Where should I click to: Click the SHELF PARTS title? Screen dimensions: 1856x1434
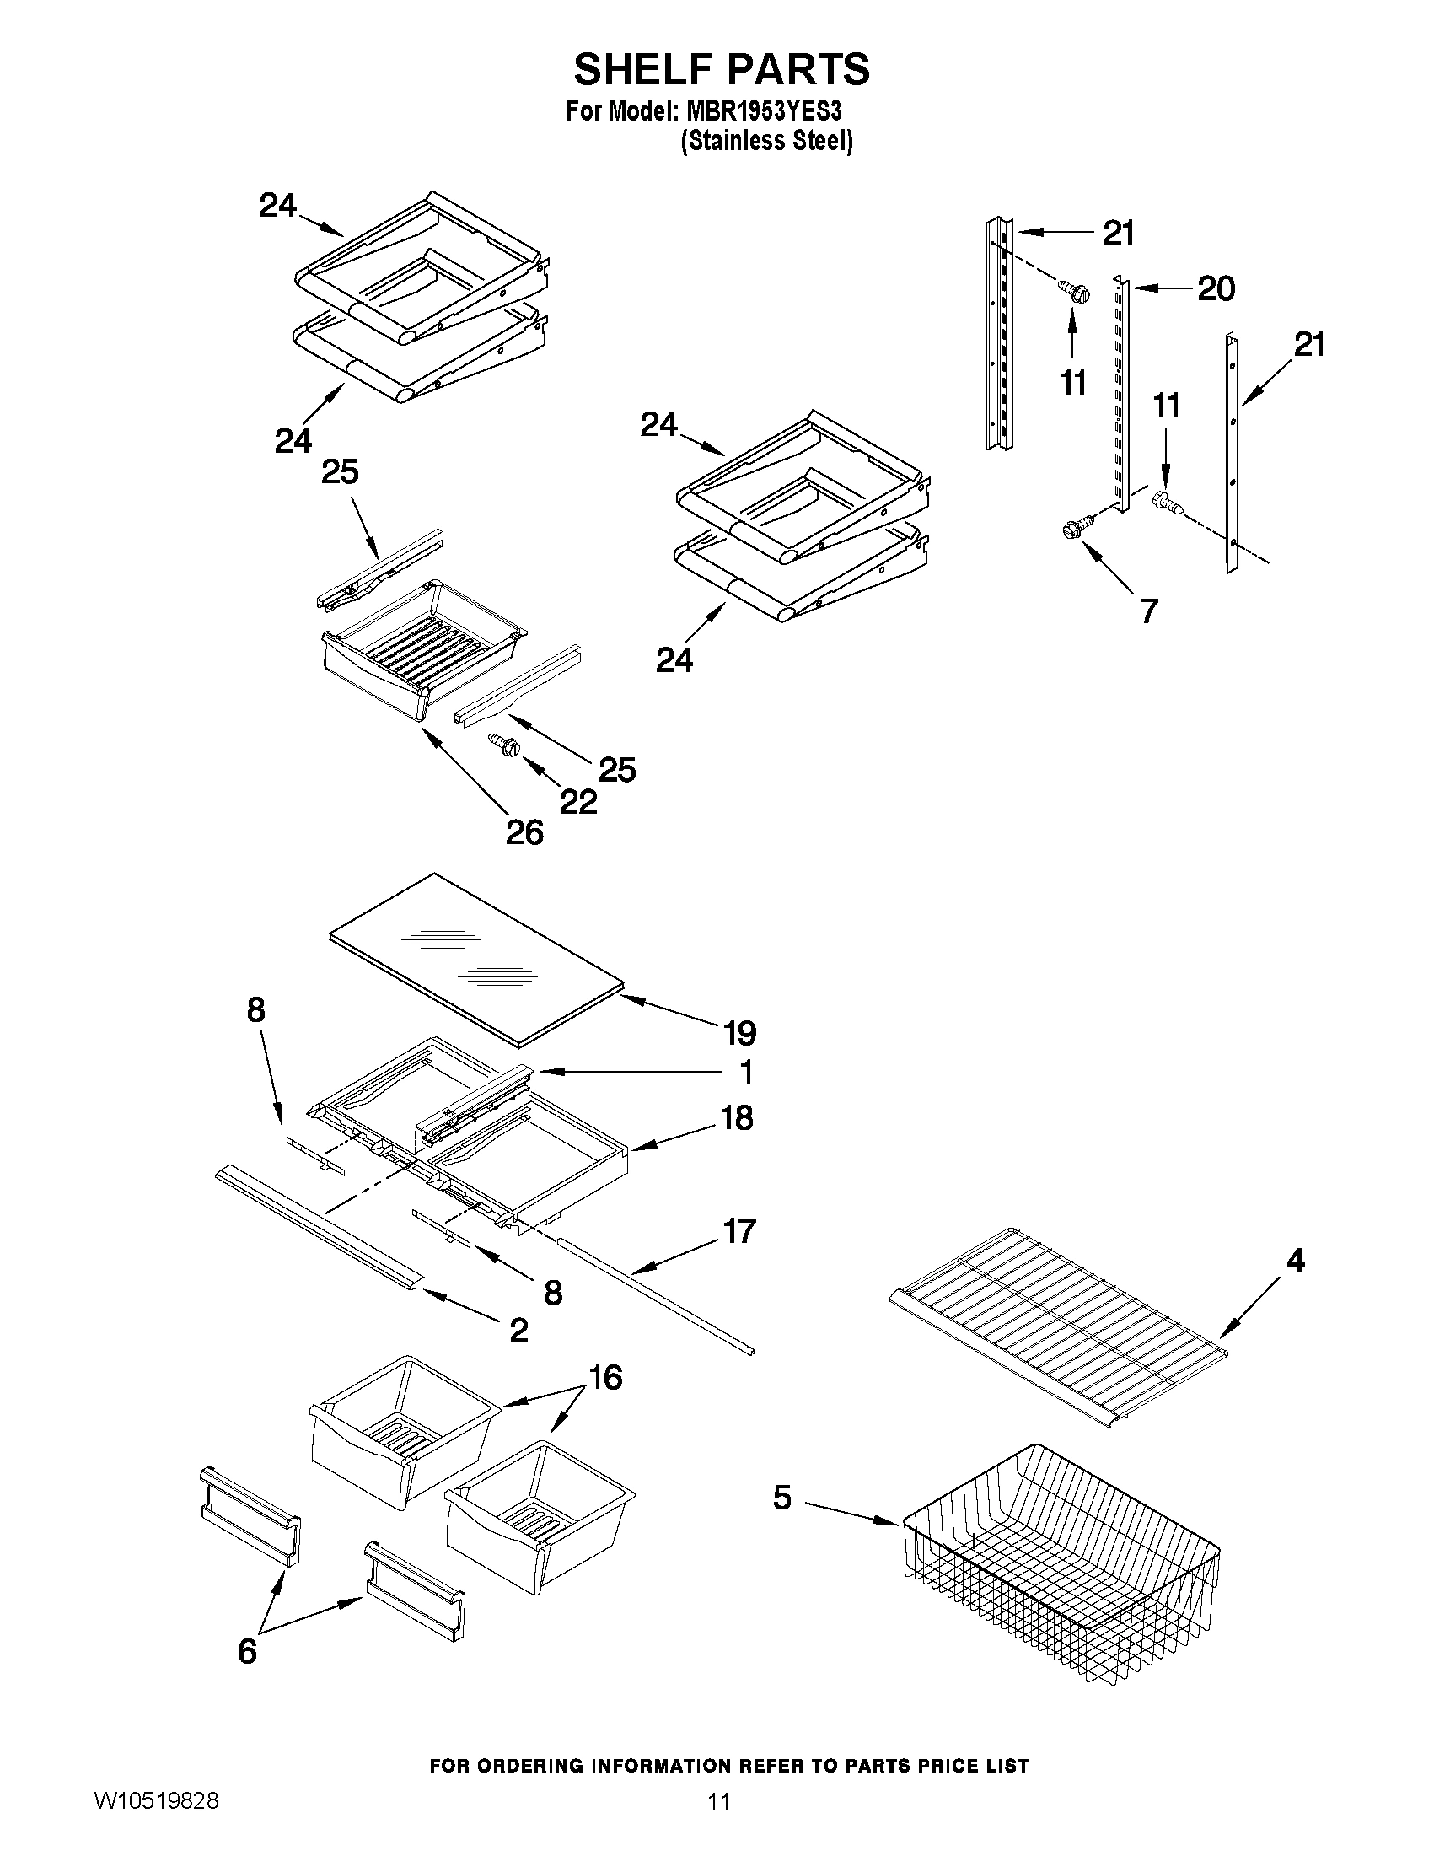(x=722, y=69)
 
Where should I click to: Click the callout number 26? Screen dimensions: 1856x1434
(x=524, y=832)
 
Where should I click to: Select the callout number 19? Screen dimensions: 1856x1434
(x=740, y=1033)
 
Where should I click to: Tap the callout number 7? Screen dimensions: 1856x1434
(x=1148, y=611)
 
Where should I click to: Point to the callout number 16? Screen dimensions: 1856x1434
(x=605, y=1378)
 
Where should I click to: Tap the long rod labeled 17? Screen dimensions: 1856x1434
(x=654, y=1295)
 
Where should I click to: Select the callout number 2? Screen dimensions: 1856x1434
(x=518, y=1330)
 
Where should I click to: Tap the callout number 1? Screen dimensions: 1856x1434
(x=746, y=1073)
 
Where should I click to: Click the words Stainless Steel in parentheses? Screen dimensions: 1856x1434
(x=766, y=141)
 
